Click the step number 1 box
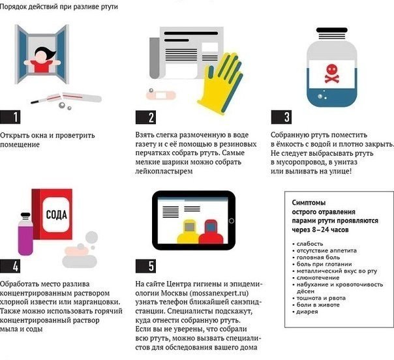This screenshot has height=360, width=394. [x=10, y=117]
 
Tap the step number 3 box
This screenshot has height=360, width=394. [x=281, y=117]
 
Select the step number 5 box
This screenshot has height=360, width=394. [x=145, y=266]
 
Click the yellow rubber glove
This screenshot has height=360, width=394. [x=221, y=83]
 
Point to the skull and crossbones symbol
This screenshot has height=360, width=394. [x=331, y=74]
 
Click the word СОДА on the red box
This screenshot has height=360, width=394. [x=57, y=215]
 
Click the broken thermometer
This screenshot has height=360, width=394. [x=67, y=98]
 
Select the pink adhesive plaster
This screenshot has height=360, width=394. [x=161, y=95]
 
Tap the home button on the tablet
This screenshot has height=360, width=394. [x=232, y=221]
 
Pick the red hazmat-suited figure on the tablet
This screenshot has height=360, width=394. [x=211, y=232]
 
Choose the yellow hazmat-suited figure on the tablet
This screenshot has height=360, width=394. [x=189, y=232]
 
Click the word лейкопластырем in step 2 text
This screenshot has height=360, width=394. [x=164, y=172]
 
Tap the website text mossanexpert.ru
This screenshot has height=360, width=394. [x=219, y=293]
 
